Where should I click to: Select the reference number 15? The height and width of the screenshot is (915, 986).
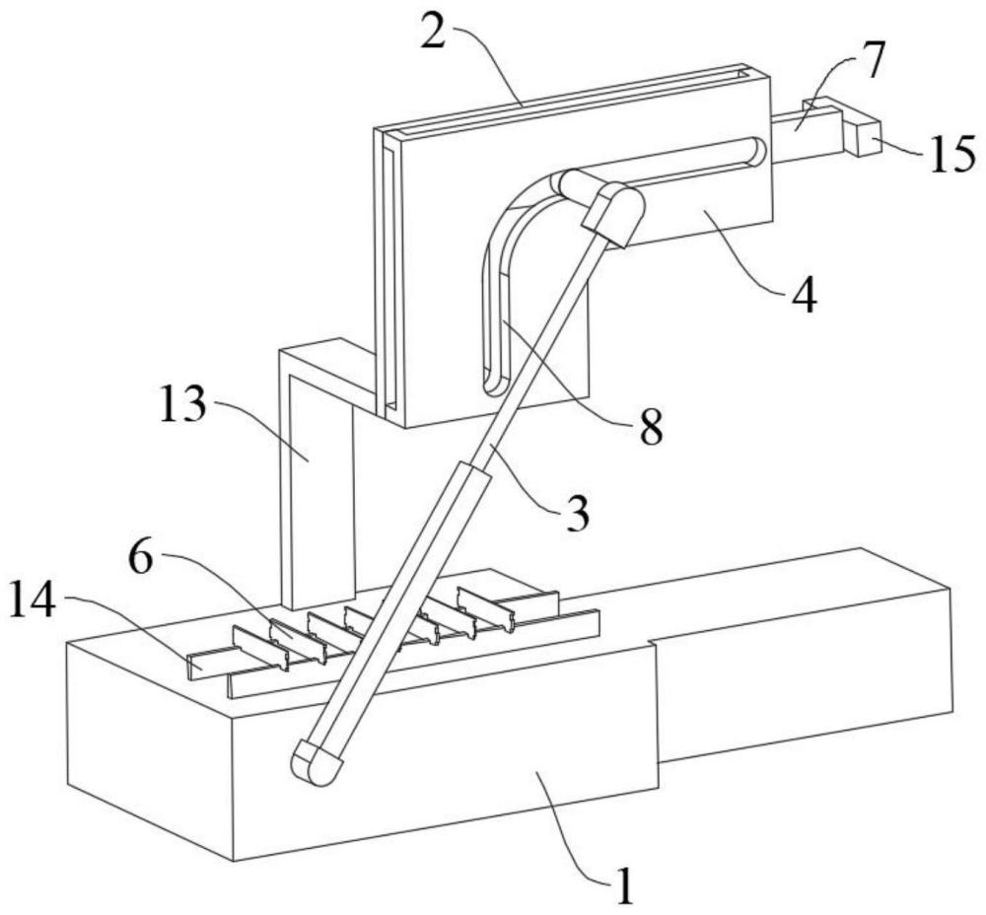coord(951,155)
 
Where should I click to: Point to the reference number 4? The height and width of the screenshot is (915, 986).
coord(806,295)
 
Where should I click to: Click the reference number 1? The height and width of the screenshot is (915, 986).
coord(623,882)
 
